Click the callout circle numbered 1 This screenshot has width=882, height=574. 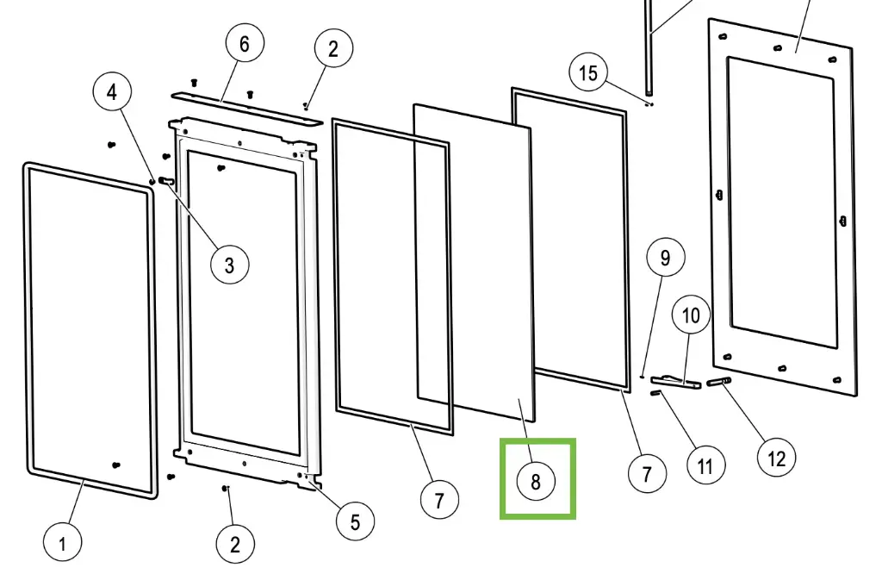pyautogui.click(x=63, y=544)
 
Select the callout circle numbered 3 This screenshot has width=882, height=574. pyautogui.click(x=229, y=265)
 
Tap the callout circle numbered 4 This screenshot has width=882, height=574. pyautogui.click(x=113, y=90)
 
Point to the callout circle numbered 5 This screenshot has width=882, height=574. pyautogui.click(x=355, y=521)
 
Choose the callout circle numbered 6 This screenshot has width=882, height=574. pyautogui.click(x=245, y=45)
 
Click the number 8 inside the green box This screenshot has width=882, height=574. pyautogui.click(x=536, y=481)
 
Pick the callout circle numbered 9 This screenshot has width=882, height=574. pyautogui.click(x=665, y=258)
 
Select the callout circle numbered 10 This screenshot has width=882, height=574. pyautogui.click(x=691, y=316)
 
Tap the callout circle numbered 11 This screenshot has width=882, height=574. pyautogui.click(x=705, y=466)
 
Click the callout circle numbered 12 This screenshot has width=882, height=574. pyautogui.click(x=776, y=458)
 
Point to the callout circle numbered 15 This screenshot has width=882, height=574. pyautogui.click(x=588, y=73)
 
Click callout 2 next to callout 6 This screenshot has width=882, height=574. pyautogui.click(x=333, y=49)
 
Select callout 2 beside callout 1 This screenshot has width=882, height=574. pyautogui.click(x=234, y=544)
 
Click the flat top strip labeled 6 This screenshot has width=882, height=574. pyautogui.click(x=245, y=105)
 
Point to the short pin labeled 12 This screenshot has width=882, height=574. pyautogui.click(x=719, y=381)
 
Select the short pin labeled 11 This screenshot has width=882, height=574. pyautogui.click(x=657, y=394)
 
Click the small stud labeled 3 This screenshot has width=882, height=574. pyautogui.click(x=167, y=181)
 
